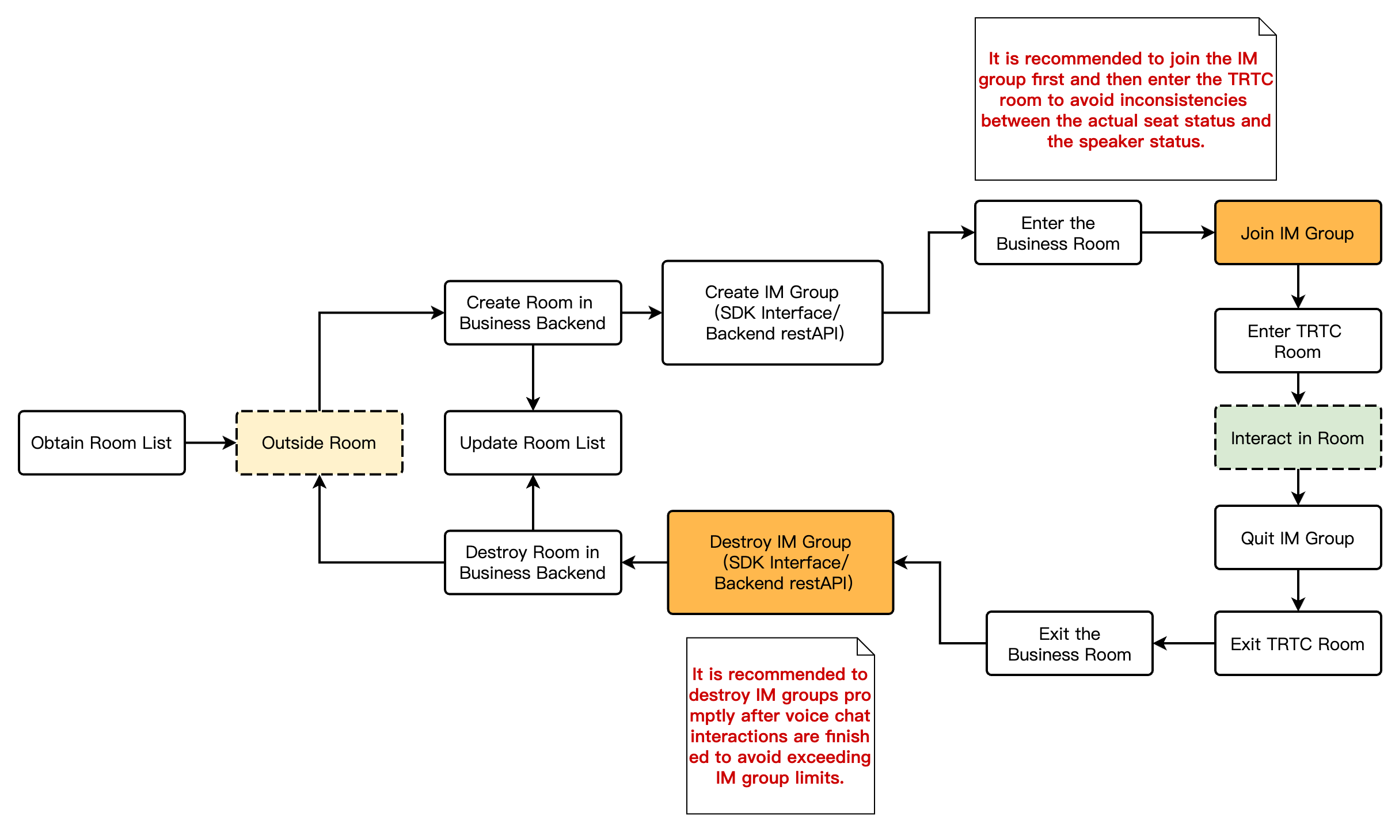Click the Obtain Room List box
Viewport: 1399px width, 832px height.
(x=101, y=442)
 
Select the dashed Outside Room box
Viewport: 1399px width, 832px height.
(x=319, y=442)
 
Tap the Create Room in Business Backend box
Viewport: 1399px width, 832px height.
(x=533, y=312)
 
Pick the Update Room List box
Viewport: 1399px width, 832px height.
(x=533, y=442)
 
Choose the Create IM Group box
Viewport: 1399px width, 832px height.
(x=772, y=312)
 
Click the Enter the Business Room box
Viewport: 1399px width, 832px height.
(x=1058, y=233)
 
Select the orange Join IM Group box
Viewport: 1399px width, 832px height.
(x=1297, y=233)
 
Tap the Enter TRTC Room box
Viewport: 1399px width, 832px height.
(x=1297, y=341)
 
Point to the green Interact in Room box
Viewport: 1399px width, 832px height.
(x=1297, y=438)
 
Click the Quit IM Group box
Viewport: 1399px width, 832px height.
(x=1297, y=538)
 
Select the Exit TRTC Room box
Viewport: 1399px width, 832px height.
(x=1297, y=644)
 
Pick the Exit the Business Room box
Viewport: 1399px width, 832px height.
(x=1069, y=644)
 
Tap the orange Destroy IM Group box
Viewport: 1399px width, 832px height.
(x=780, y=562)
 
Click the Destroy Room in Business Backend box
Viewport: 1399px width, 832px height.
(x=533, y=562)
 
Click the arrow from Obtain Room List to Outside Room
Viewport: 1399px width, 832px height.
(x=210, y=442)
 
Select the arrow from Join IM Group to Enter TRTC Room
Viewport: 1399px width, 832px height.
(x=1298, y=287)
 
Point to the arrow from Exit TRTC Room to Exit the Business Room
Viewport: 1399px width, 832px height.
(x=1184, y=644)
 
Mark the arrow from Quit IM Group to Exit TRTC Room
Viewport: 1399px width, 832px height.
(x=1298, y=590)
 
